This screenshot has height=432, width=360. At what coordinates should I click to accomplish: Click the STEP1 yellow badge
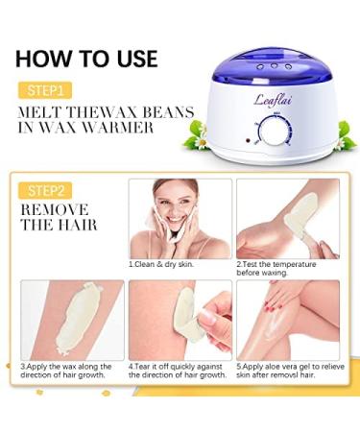(x=45, y=90)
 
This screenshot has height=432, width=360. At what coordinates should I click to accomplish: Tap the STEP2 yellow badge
(x=45, y=191)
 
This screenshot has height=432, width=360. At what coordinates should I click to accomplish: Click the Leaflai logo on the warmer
(x=273, y=100)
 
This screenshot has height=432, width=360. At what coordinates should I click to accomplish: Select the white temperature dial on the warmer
(x=275, y=132)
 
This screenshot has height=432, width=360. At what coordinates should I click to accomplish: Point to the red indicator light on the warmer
(x=248, y=140)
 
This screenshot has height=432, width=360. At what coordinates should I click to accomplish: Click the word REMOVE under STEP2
(x=55, y=210)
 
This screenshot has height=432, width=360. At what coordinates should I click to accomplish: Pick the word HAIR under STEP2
(x=77, y=225)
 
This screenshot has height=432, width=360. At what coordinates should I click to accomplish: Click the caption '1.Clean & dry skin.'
(x=161, y=264)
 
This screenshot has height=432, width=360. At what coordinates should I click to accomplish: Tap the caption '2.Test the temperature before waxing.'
(x=276, y=269)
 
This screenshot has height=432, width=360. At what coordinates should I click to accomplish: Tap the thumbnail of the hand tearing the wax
(x=180, y=320)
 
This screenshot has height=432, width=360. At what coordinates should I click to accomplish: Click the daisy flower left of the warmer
(x=202, y=141)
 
